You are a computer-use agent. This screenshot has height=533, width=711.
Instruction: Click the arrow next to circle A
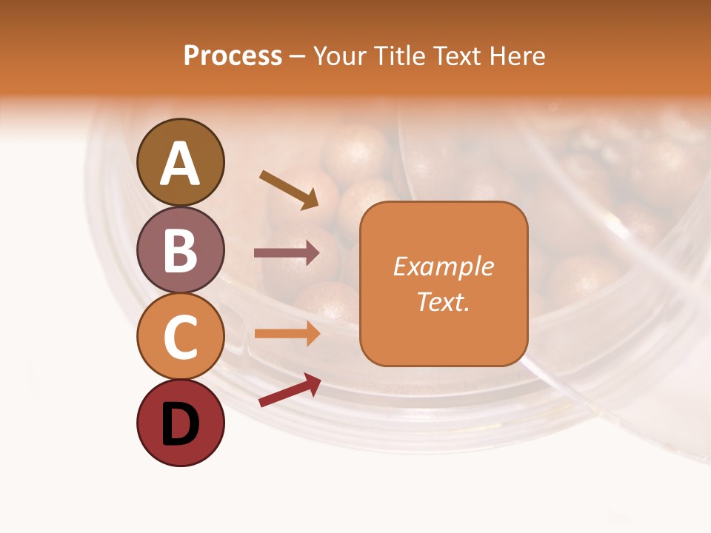(x=289, y=190)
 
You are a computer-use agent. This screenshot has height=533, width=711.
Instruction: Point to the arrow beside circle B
(x=287, y=253)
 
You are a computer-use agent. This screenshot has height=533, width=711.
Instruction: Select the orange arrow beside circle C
(x=287, y=333)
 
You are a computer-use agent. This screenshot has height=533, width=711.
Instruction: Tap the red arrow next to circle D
(x=290, y=390)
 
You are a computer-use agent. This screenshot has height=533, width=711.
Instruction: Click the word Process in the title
(x=233, y=56)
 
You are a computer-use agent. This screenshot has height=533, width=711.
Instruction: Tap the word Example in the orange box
(x=443, y=266)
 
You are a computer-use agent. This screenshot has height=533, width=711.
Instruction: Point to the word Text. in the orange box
(x=443, y=302)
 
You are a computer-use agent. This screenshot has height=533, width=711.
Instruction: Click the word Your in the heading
(x=338, y=56)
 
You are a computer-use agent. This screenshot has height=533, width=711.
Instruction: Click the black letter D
(x=180, y=425)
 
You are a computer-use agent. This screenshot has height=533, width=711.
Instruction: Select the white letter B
(x=180, y=251)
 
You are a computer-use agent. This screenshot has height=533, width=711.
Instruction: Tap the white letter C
(x=180, y=338)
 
